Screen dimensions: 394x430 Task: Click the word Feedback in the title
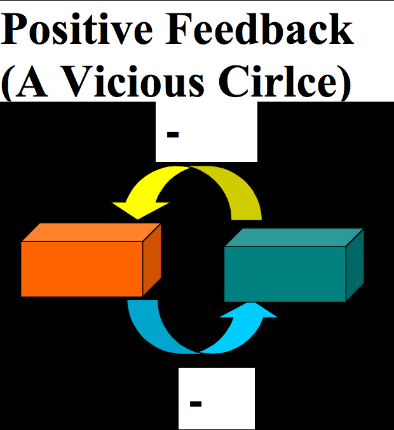pos(259,29)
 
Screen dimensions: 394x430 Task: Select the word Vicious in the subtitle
pos(135,81)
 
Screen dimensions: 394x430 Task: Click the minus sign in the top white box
pos(173,135)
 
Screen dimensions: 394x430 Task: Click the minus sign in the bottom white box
pos(196,403)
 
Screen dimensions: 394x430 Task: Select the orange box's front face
pos(82,269)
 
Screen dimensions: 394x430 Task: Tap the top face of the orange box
pos(91,232)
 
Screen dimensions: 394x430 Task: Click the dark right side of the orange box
pos(152,260)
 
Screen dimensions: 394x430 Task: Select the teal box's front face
pos(285,274)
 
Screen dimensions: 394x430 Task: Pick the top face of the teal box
pos(294,237)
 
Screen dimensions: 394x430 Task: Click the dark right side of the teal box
pos(355,265)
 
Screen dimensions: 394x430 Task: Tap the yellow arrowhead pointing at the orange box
pos(140,209)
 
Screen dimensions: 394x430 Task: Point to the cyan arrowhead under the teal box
pos(248,310)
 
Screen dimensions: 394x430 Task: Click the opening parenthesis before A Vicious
pos(6,83)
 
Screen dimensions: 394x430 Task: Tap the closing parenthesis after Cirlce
pos(345,83)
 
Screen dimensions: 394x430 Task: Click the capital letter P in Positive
pos(13,29)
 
